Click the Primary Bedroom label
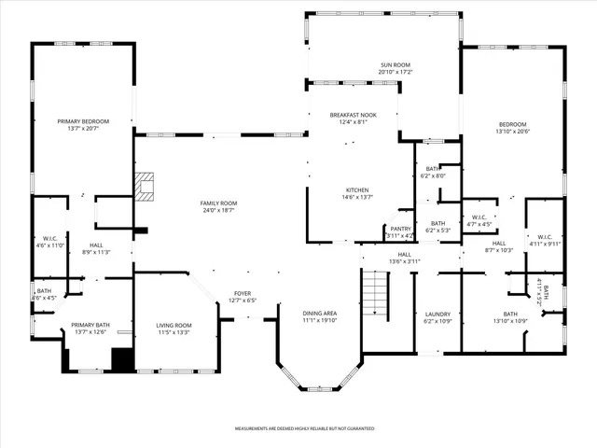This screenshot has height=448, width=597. coord(83,121)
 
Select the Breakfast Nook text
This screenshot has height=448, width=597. coord(354,114)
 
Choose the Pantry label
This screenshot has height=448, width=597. coord(400,229)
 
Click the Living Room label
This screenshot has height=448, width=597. coord(174,325)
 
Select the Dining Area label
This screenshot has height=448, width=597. coord(319,313)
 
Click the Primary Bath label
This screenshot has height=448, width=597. coord(91,325)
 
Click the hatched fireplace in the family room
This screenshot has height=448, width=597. coord(146,187)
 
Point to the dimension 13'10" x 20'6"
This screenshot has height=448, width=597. coord(512,132)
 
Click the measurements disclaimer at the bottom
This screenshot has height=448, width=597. coord(298,428)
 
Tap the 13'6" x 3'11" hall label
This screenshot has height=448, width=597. coord(405,258)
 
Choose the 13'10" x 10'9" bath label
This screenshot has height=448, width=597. coord(510,318)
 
